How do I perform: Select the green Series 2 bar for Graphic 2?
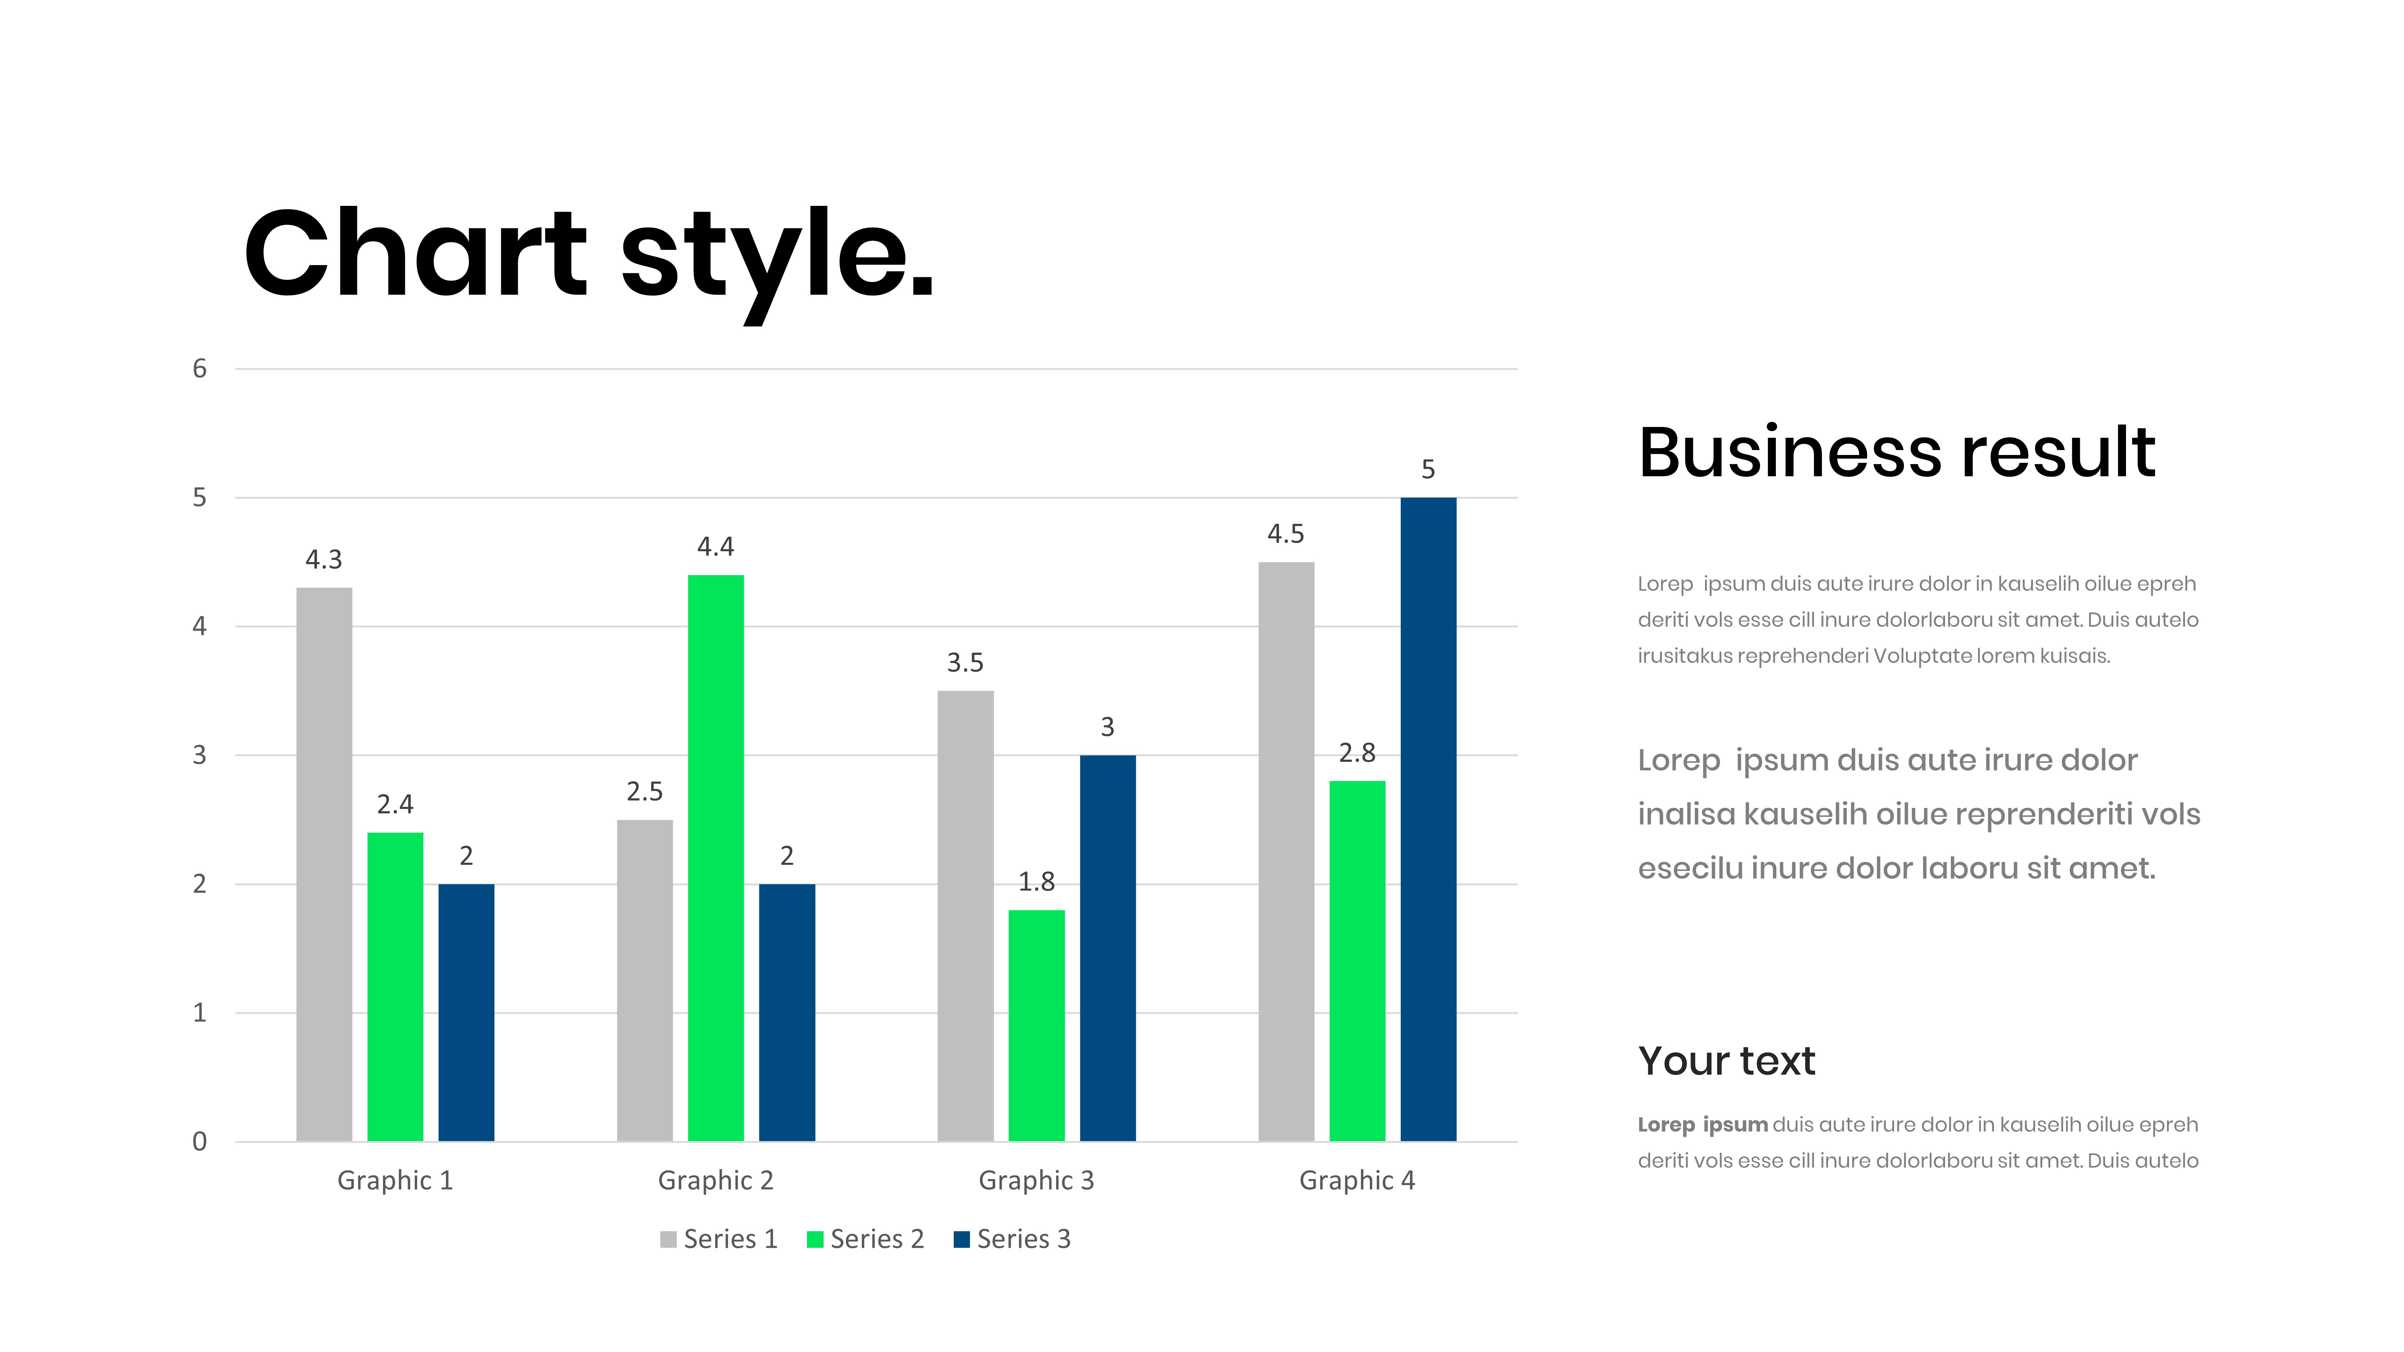click(716, 857)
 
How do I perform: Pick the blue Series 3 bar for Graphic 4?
click(1428, 819)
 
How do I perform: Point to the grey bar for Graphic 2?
click(645, 981)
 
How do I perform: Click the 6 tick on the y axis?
click(200, 368)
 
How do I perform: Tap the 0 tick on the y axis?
click(200, 1141)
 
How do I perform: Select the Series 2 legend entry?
click(865, 1239)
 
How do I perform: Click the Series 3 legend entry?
click(1012, 1239)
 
